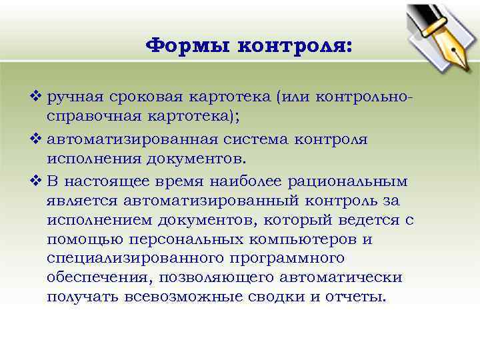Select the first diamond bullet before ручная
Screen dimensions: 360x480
pyautogui.click(x=37, y=97)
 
